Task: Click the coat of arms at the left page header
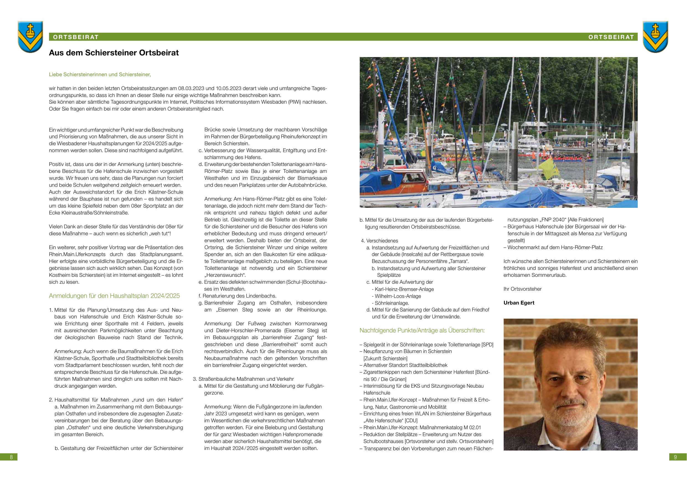[30, 37]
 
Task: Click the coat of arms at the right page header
[655, 37]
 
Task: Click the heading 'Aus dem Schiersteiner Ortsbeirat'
[114, 53]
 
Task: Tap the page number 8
[11, 457]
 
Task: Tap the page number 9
[675, 457]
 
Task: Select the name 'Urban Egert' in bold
[519, 303]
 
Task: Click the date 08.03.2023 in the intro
[191, 88]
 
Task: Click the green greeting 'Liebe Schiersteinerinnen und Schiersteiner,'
[100, 74]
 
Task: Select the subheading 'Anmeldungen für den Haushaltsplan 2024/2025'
[114, 296]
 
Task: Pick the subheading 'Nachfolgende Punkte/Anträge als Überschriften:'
[422, 331]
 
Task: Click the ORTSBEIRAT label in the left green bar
[76, 37]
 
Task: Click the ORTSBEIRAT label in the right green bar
[611, 37]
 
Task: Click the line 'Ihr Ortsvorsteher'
[523, 289]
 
